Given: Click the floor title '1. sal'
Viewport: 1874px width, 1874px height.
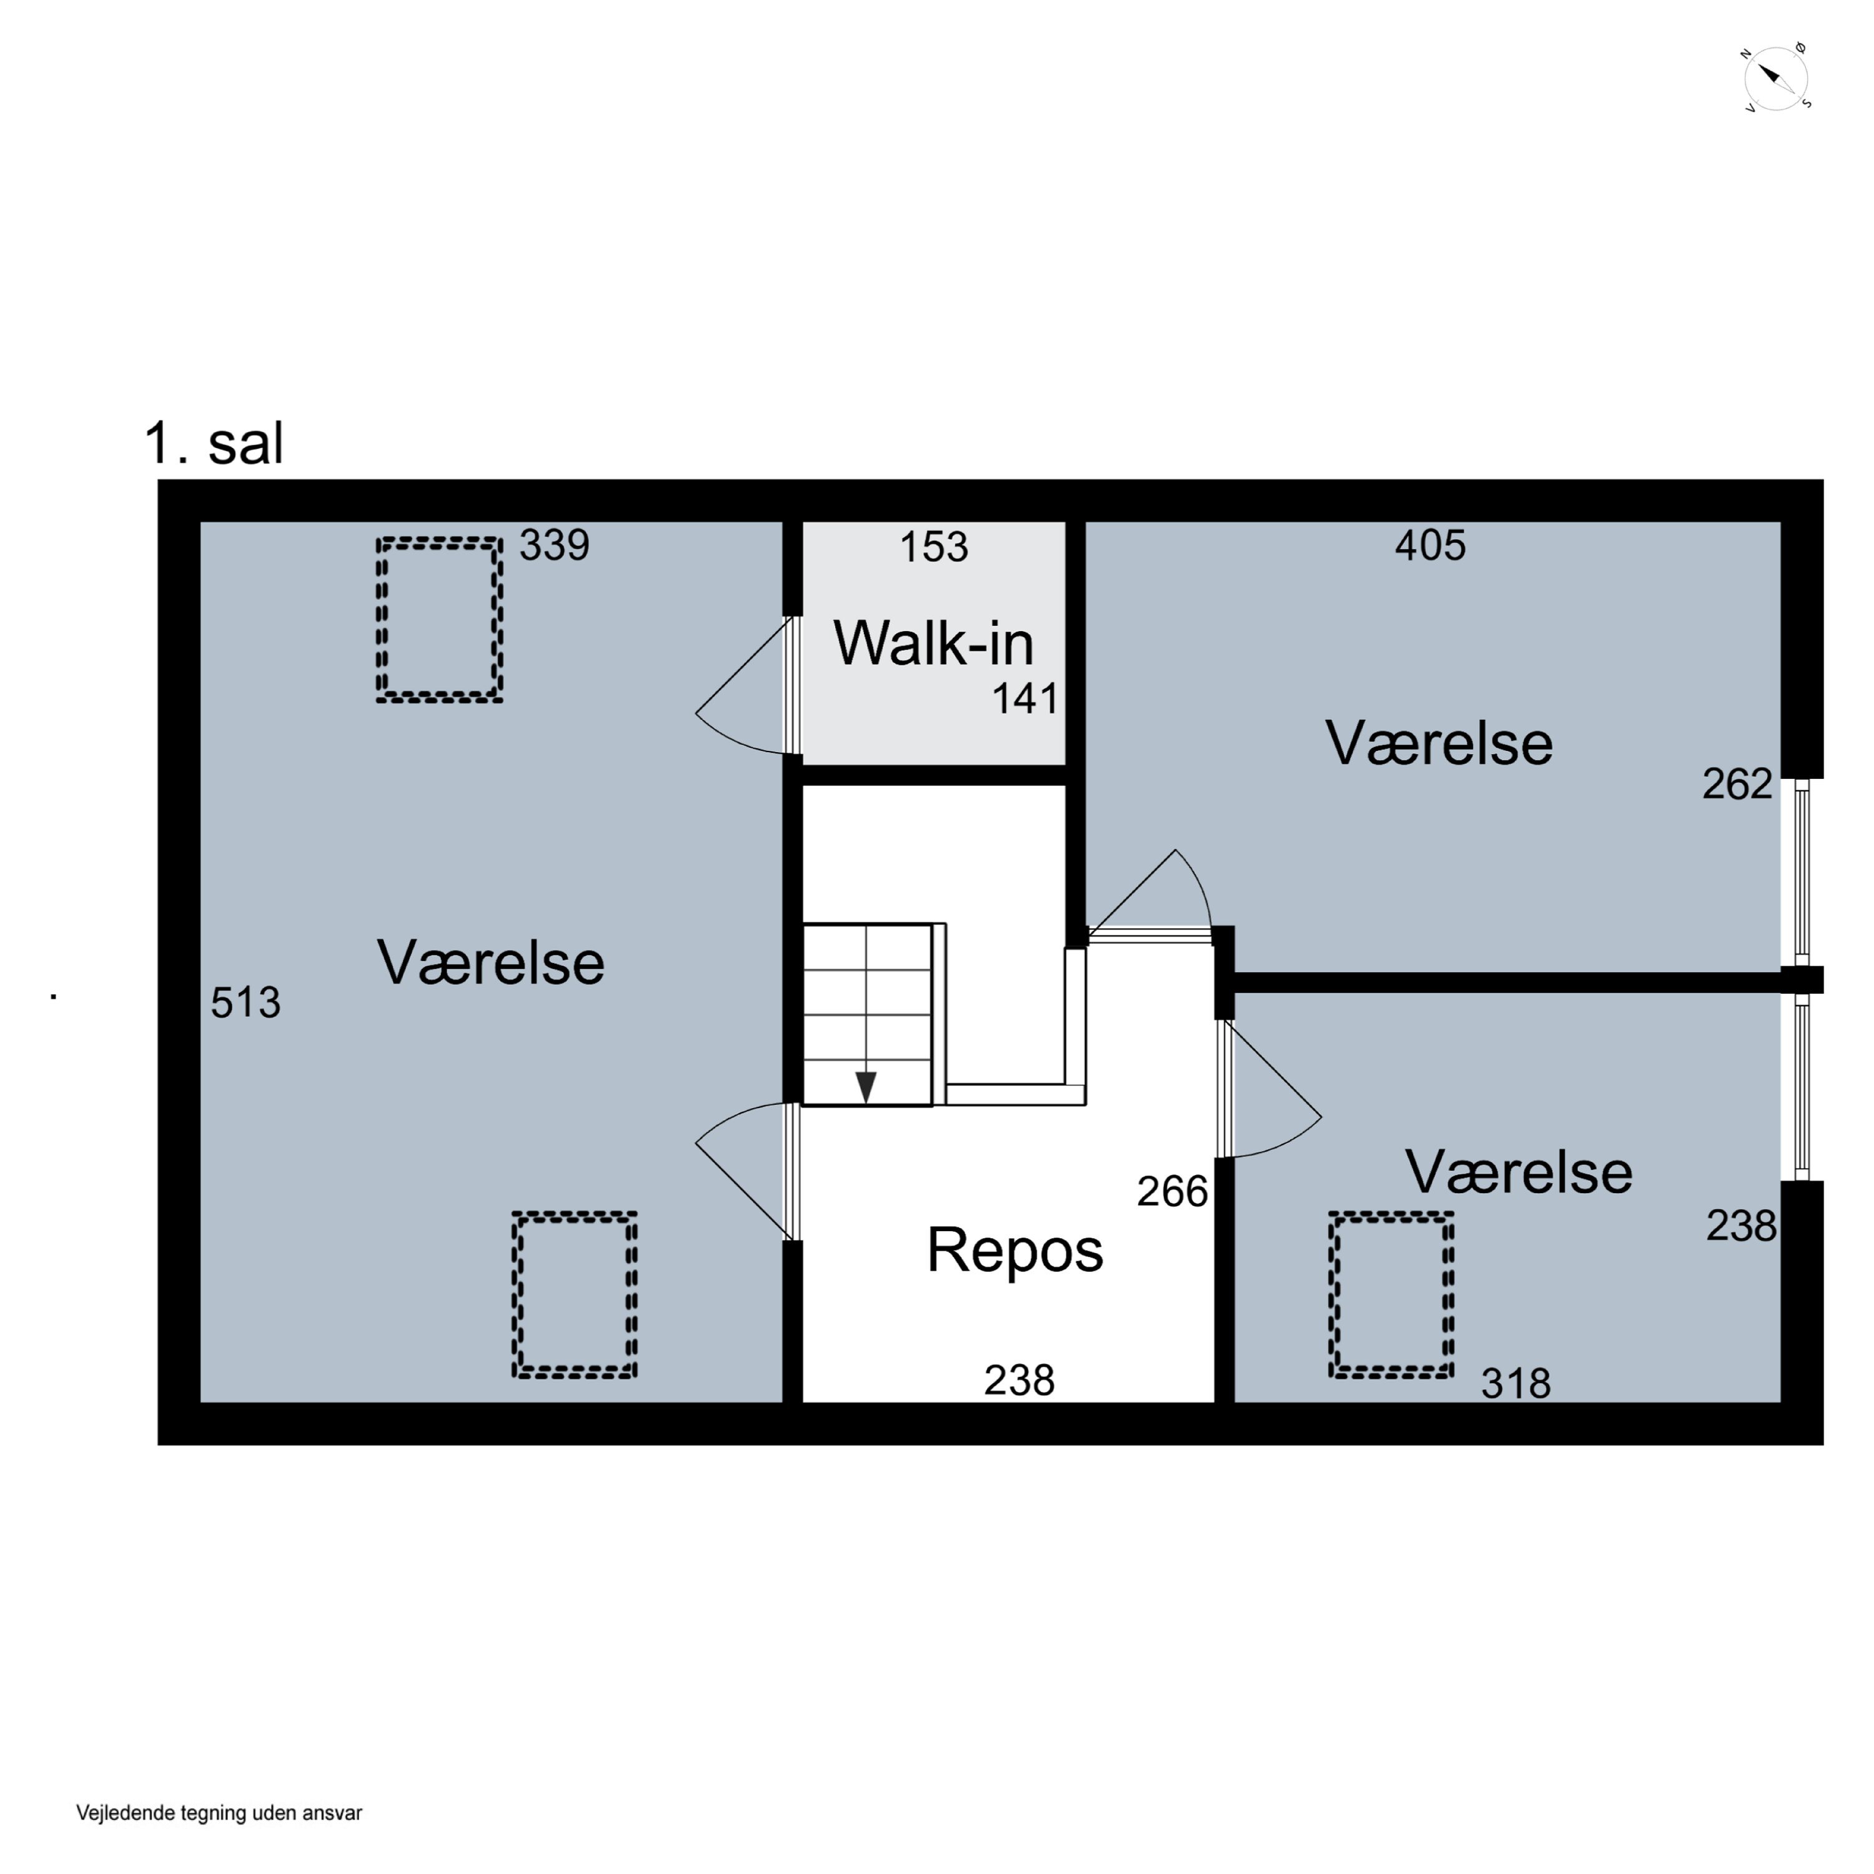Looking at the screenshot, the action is coord(214,444).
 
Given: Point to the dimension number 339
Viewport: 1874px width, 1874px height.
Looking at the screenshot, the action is coord(554,545).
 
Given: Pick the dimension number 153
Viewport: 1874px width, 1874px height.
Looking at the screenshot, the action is coord(933,547).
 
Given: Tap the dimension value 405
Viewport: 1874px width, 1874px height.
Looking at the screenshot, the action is coord(1430,545).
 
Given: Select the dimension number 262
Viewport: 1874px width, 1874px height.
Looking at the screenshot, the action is coord(1737,784).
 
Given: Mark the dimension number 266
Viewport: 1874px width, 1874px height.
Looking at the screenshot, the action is coord(1172,1191).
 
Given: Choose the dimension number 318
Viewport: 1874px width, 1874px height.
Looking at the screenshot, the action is coord(1515,1383).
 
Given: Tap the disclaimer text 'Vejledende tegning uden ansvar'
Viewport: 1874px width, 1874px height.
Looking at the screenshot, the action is coord(219,1813).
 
